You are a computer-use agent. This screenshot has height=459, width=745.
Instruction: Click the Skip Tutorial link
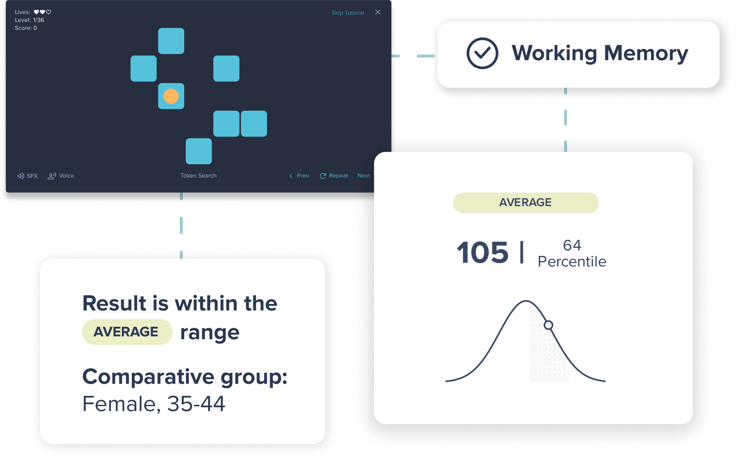point(348,12)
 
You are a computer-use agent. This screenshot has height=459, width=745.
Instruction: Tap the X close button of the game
point(378,12)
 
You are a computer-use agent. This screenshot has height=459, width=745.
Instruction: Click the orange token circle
point(171,96)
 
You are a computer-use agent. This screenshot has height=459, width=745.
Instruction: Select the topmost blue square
point(171,41)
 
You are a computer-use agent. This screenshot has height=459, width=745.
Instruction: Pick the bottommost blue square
point(199,151)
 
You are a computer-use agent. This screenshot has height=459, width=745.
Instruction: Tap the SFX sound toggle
point(28,176)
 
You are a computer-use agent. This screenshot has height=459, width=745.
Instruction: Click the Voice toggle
point(61,176)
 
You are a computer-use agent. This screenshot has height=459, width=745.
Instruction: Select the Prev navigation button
point(299,176)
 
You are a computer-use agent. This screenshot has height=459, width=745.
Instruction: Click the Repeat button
point(334,176)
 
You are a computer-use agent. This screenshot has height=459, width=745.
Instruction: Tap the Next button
point(364,176)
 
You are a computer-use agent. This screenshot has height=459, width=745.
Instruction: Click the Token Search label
point(199,176)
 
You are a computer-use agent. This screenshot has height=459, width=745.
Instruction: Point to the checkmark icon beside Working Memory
point(482,53)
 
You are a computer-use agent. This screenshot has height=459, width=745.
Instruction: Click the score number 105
point(483,252)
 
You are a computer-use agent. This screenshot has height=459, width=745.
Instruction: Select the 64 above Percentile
point(572,245)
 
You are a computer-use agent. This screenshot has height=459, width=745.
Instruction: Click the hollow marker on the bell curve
point(548,325)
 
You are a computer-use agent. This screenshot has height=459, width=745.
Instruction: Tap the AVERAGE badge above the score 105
point(526,203)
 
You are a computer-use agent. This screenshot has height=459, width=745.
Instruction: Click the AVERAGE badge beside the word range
point(127,332)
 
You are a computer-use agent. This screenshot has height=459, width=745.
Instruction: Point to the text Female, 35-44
point(154,404)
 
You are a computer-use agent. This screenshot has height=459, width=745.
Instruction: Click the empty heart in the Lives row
point(48,12)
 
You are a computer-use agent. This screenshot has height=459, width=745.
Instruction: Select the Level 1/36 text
point(29,20)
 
